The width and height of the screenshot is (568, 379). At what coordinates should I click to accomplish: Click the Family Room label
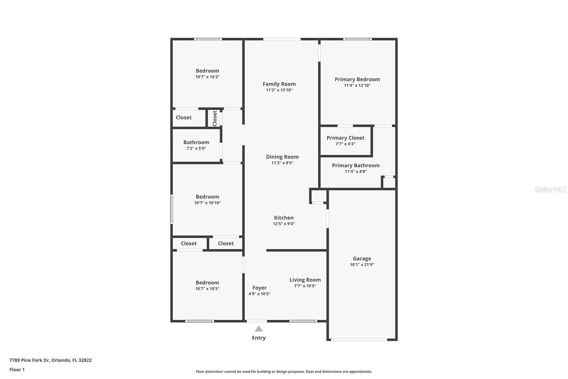click(279, 84)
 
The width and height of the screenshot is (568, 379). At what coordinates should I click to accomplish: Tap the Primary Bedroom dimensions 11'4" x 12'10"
click(357, 86)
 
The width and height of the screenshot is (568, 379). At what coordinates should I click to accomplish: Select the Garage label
click(362, 259)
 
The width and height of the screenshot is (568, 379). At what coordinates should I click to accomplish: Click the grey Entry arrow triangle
click(259, 329)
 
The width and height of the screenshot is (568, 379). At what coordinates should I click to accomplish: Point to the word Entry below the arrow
click(259, 338)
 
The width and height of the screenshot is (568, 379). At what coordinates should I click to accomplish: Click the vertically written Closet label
click(215, 118)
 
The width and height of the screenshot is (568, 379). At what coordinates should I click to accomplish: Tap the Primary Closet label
click(345, 138)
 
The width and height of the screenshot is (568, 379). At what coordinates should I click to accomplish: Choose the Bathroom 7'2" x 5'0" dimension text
click(196, 148)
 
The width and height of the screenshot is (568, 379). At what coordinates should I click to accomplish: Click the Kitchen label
click(284, 218)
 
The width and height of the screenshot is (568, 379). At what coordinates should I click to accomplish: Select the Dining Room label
click(282, 157)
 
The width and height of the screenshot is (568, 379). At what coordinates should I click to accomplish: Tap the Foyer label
click(260, 288)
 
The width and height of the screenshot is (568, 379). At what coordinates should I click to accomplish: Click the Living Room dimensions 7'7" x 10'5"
click(305, 286)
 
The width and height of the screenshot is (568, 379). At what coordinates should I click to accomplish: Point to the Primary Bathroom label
click(356, 165)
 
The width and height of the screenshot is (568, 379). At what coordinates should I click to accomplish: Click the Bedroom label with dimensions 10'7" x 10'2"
click(207, 71)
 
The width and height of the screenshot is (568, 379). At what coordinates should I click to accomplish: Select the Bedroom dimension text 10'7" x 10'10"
click(207, 203)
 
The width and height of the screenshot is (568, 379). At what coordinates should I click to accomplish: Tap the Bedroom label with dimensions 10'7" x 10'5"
click(207, 283)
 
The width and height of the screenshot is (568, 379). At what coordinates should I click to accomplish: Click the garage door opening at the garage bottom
click(359, 340)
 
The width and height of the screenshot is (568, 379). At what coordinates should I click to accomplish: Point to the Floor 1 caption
click(17, 370)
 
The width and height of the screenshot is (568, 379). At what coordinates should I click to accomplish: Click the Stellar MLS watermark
click(550, 190)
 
